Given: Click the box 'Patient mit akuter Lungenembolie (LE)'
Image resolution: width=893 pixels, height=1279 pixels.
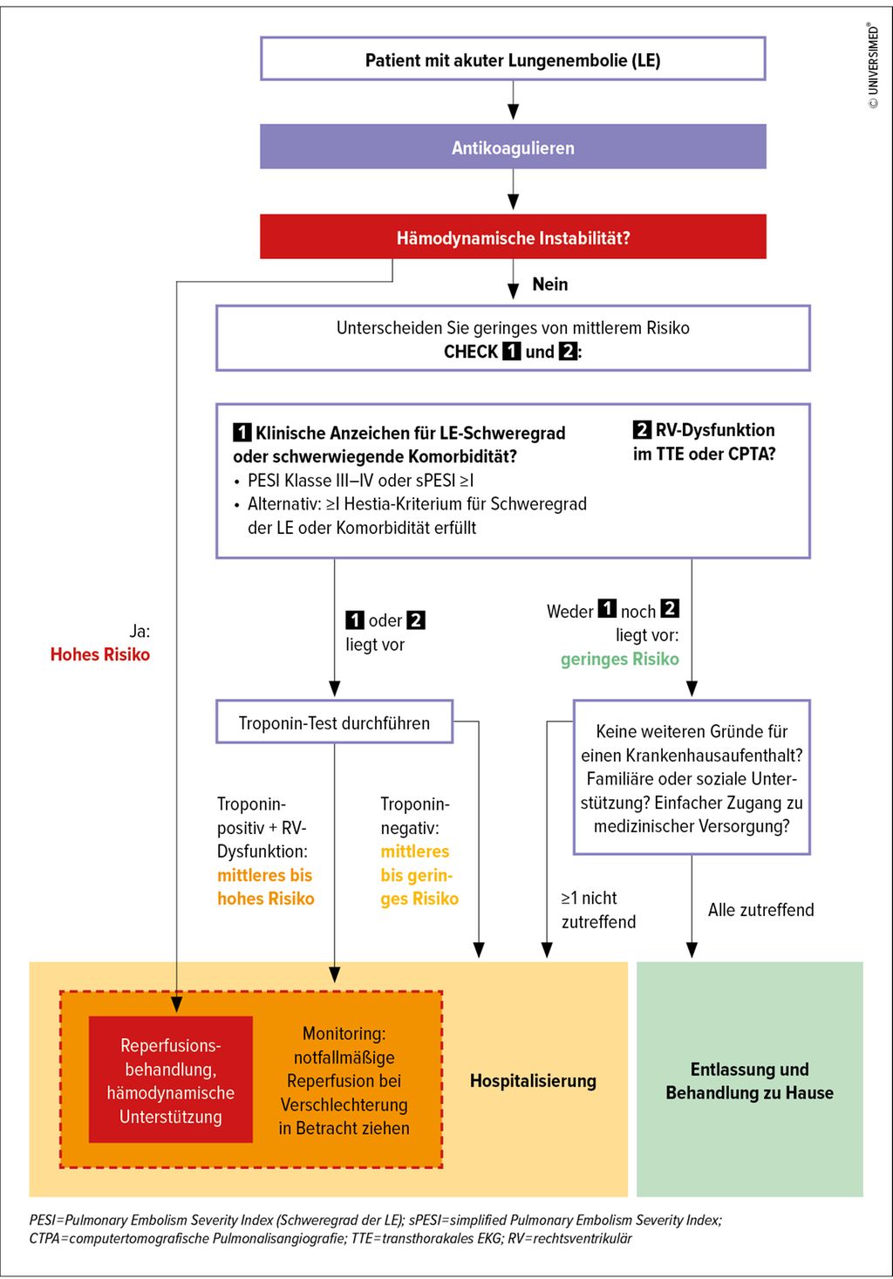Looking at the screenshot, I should click(513, 59).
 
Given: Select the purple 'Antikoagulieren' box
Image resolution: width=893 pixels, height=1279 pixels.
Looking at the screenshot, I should click(513, 147).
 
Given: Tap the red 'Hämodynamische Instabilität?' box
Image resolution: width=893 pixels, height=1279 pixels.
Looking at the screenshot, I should click(513, 237).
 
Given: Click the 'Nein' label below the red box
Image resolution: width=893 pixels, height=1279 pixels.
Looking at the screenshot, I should click(549, 284).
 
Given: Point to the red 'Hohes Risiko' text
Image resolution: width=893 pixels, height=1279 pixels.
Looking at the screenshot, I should click(99, 654).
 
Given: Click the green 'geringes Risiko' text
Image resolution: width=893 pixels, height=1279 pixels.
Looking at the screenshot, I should click(619, 660).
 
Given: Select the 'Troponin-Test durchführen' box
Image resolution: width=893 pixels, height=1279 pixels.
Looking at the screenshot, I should click(334, 722).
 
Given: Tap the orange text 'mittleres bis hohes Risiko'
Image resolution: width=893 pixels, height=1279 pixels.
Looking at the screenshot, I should click(265, 886).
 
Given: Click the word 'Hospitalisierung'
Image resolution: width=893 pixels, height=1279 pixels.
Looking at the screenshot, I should click(533, 1081).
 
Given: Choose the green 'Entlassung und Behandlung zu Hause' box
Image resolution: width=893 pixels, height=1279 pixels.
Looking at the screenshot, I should click(749, 1080).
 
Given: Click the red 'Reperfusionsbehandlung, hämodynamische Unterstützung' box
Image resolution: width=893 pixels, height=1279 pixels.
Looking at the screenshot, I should click(171, 1080).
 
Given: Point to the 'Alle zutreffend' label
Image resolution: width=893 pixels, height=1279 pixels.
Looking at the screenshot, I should click(760, 910).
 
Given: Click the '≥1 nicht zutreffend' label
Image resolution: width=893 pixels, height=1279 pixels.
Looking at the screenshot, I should click(598, 910).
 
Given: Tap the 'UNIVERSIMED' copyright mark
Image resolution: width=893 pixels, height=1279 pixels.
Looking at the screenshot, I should click(873, 66).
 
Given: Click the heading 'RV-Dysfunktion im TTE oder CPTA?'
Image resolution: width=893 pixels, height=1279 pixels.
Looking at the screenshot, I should click(704, 441).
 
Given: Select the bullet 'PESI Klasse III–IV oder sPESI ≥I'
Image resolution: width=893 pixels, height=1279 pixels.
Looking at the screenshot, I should click(360, 481).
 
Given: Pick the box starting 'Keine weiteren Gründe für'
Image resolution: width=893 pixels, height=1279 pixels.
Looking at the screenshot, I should click(692, 777).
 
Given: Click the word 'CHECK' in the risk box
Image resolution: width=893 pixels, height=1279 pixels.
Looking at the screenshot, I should click(470, 352).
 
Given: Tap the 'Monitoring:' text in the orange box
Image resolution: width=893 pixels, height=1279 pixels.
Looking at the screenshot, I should click(344, 1034).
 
